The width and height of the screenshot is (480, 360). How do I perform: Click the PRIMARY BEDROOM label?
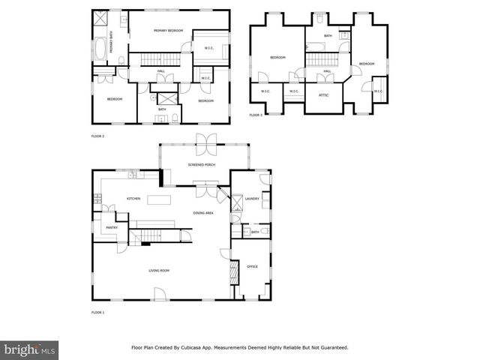(169, 30)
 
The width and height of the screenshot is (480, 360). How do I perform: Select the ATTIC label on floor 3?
(324, 95)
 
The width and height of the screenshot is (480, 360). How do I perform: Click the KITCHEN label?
(133, 199)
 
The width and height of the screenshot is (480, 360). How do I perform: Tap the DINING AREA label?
(204, 214)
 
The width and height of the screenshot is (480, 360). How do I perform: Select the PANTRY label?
(111, 226)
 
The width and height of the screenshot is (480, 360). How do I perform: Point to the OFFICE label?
(252, 266)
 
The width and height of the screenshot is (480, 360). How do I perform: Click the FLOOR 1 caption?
(97, 312)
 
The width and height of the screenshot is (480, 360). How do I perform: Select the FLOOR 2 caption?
(97, 137)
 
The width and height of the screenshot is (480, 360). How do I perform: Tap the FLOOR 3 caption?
(256, 115)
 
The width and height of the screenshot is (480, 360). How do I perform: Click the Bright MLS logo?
(30, 349)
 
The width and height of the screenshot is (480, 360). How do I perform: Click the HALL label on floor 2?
(161, 72)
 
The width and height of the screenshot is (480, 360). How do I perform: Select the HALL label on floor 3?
(328, 72)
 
